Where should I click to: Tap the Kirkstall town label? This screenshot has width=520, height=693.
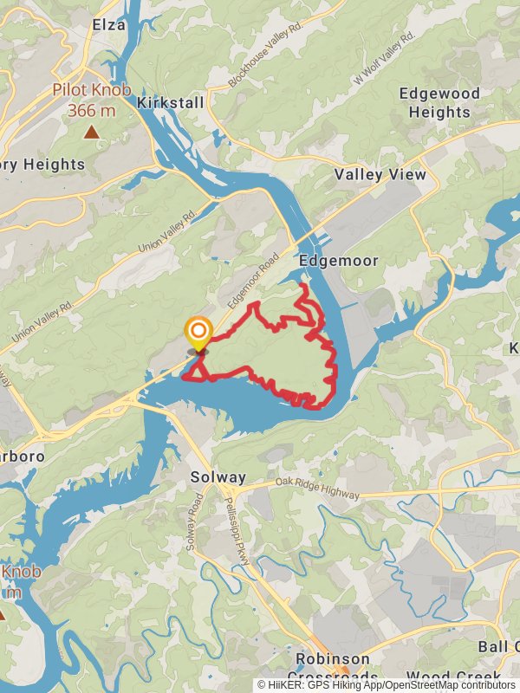(171, 103)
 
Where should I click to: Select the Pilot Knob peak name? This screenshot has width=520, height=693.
(90, 89)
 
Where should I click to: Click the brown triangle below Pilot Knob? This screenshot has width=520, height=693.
(90, 132)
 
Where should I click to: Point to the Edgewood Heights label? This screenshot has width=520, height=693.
(434, 103)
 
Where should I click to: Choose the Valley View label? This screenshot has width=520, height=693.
(380, 175)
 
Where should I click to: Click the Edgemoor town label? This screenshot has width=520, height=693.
(328, 260)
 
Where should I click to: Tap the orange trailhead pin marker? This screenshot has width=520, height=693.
(198, 332)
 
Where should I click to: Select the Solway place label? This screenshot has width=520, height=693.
(218, 477)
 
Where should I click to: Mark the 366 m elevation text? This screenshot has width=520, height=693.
(90, 110)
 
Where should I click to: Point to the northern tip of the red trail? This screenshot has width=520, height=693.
(301, 285)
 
